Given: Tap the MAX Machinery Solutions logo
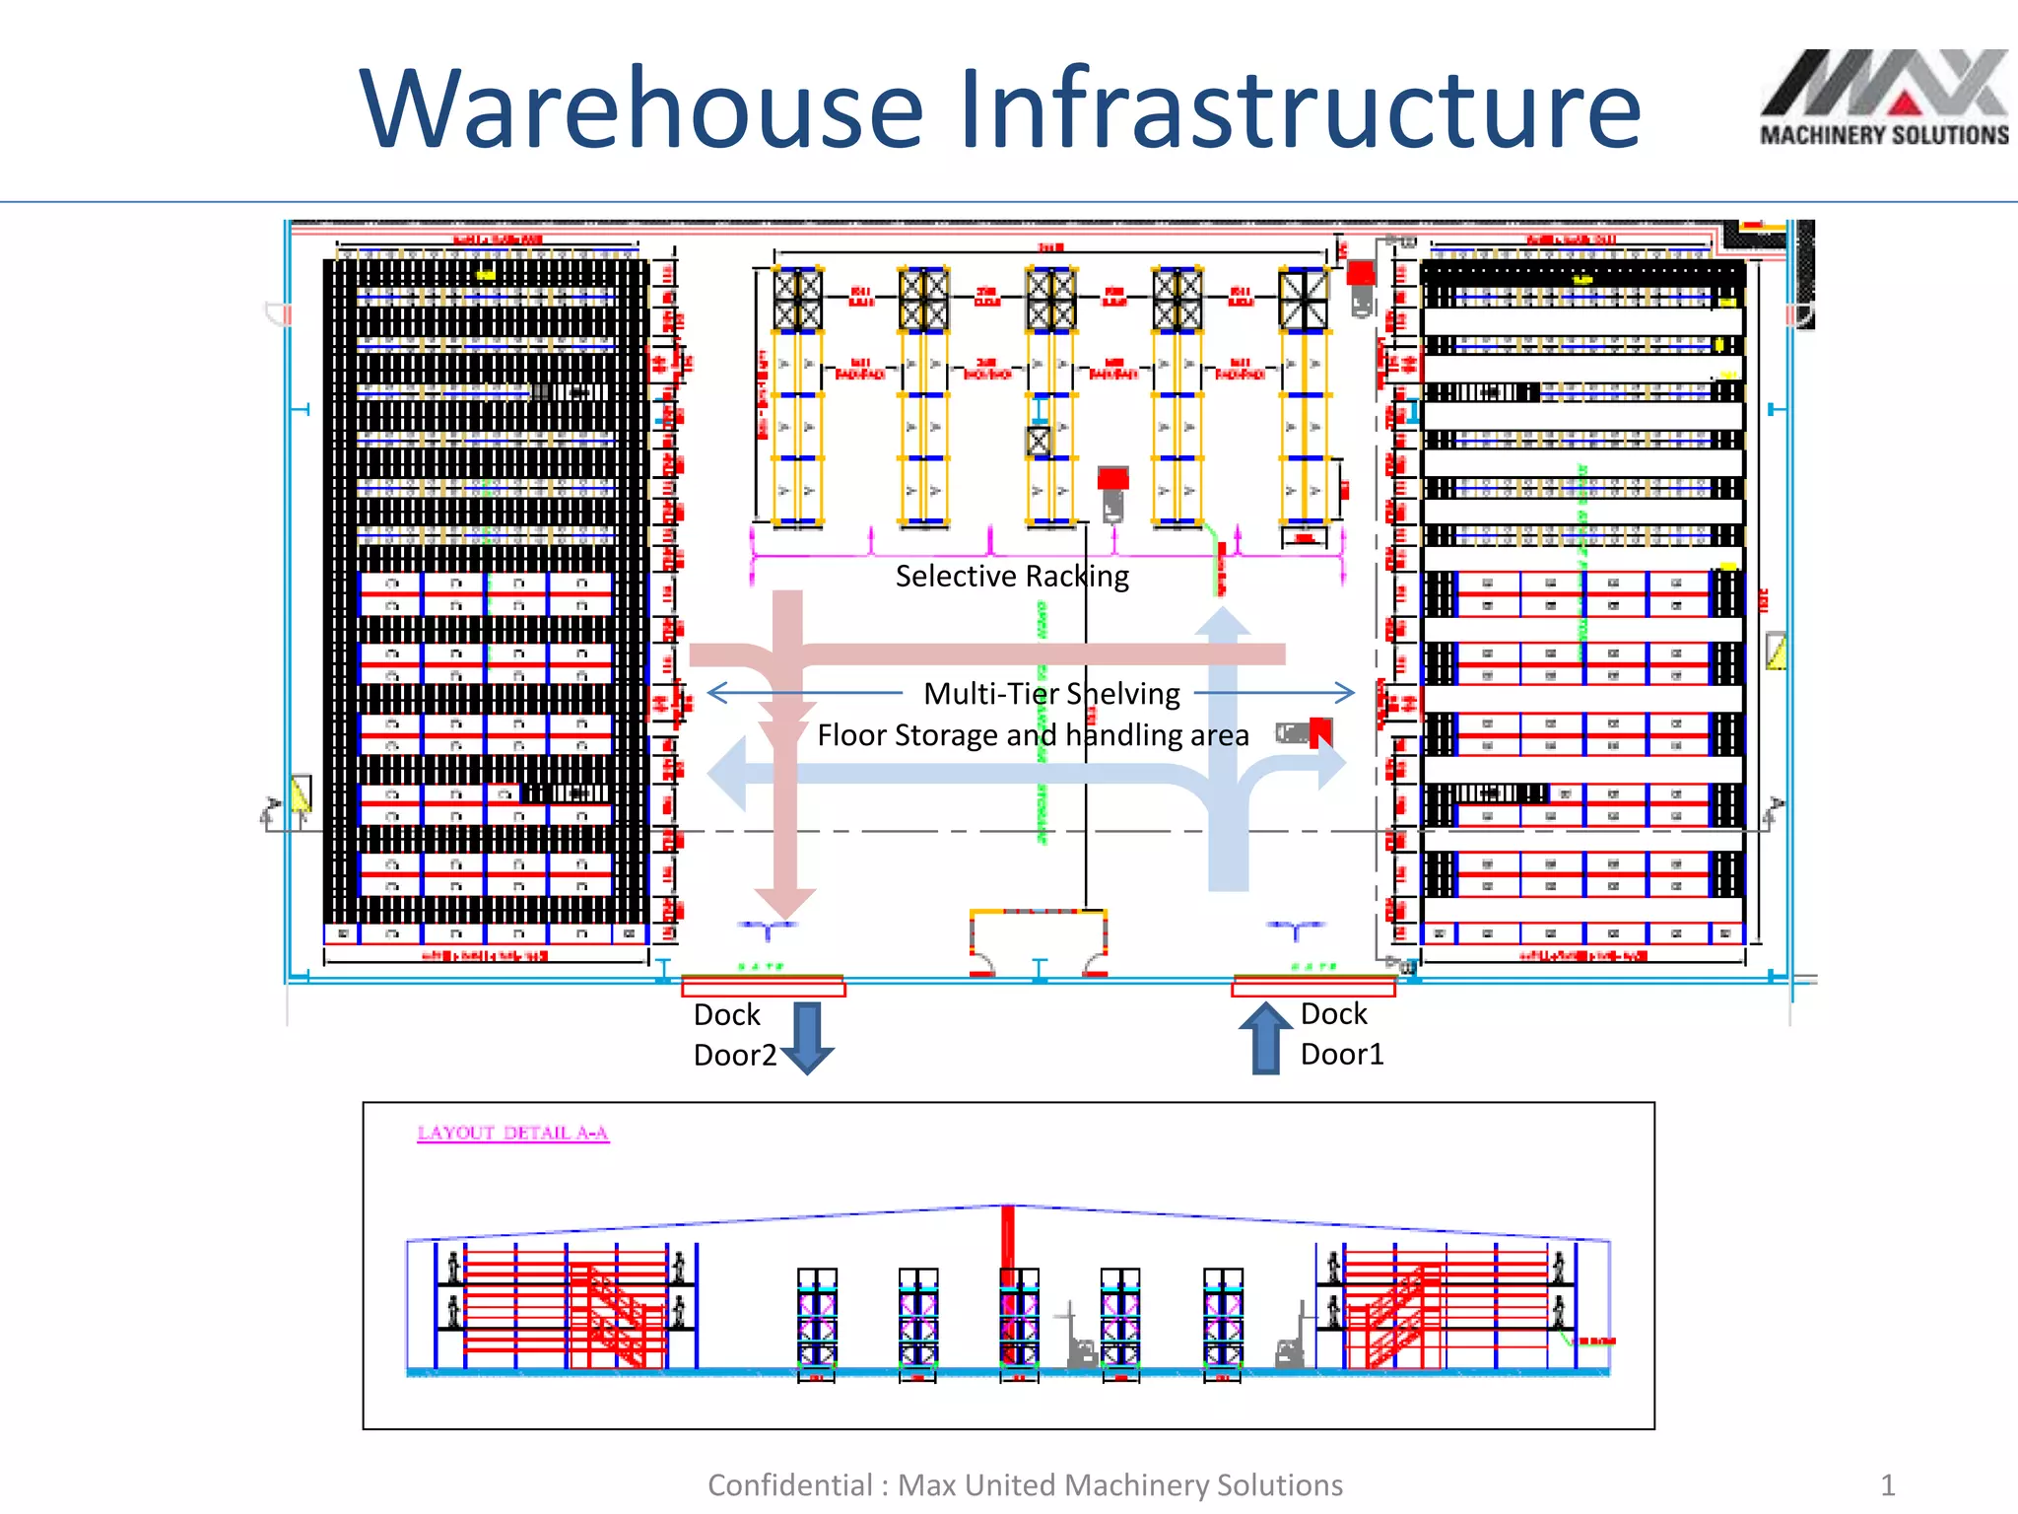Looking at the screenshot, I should (1883, 99).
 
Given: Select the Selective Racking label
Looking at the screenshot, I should (1012, 576).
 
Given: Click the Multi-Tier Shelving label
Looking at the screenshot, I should (1051, 694).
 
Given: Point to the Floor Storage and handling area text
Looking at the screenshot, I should (1033, 735).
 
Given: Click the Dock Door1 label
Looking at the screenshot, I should (1340, 1034).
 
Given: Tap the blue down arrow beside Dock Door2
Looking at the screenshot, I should (808, 1037).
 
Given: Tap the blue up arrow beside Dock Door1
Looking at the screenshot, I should (1265, 1038).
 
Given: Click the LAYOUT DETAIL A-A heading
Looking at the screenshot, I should (512, 1133).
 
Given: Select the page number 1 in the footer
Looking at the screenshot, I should (1887, 1484).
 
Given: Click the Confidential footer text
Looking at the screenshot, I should (1025, 1484).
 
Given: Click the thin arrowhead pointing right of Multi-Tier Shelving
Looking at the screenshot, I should (1346, 692).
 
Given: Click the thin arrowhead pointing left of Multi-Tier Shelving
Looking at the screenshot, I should (716, 693).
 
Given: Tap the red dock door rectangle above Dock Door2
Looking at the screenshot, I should (763, 987).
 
